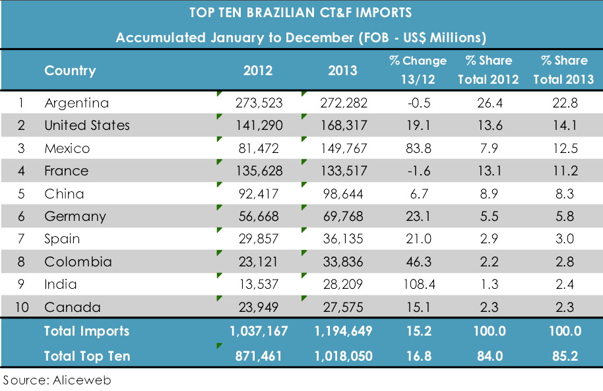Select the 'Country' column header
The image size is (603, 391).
70,71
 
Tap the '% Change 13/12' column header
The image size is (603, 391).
418,70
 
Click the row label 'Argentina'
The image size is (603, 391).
77,104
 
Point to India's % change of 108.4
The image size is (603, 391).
418,285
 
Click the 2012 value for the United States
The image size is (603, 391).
259,125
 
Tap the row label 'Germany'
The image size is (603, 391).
75,216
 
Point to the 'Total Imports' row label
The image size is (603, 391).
86,331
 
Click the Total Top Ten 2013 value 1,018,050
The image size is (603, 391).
338,356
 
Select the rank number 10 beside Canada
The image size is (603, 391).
20,307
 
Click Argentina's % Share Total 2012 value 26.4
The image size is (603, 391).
488,104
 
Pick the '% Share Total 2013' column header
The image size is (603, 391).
564,70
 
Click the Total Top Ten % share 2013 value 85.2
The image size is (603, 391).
564,356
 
